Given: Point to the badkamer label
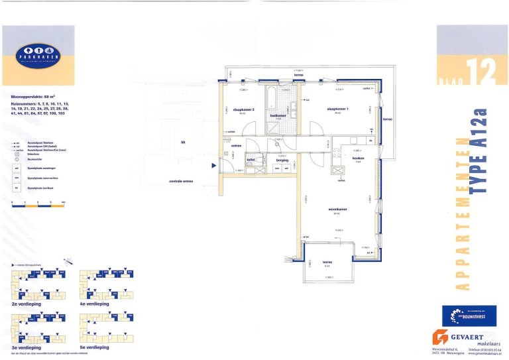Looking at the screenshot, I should (278, 115).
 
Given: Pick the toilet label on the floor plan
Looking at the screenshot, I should (251, 160).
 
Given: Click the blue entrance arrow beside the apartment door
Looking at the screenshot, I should (213, 166).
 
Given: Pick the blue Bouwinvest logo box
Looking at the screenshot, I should (469, 316).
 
